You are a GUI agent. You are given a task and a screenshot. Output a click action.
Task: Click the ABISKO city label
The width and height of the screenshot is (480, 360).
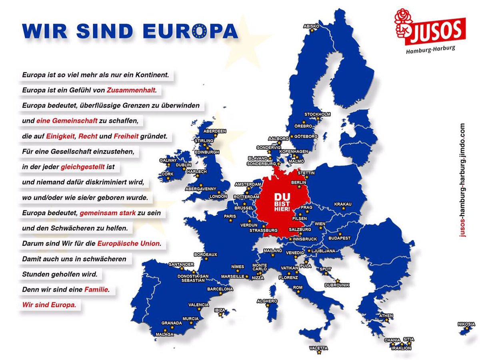coord(312,26)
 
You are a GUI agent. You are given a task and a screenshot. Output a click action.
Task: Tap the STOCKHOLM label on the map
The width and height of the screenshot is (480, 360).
coord(317,114)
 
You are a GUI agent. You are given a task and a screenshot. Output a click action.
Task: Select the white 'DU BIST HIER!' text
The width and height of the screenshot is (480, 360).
coord(282,204)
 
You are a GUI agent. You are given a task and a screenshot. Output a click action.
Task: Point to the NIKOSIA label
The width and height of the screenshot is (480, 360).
coord(466,324)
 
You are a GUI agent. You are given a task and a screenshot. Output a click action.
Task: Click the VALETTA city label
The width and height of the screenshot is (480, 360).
coord(318,348)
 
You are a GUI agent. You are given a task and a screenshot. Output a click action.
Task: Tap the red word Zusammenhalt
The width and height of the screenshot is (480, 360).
coord(131,90)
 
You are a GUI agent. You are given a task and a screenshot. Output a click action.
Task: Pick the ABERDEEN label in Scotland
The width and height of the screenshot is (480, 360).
coord(215,131)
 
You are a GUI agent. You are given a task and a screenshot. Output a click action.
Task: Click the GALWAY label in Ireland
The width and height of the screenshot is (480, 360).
coord(168,160)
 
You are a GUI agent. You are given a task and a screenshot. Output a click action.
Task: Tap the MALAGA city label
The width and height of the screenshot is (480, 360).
coord(165,334)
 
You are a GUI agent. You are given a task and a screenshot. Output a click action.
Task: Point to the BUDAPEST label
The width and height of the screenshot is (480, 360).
coord(339,238)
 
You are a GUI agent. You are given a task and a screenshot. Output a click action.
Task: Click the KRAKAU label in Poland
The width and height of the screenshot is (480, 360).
coord(343,204)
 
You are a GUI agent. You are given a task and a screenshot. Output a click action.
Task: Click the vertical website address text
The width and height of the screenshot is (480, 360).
coord(462,180)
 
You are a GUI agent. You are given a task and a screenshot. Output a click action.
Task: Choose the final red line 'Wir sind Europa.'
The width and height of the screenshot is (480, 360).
coord(49,304)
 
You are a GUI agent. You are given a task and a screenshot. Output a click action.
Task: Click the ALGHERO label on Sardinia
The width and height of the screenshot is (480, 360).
coord(267,301)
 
